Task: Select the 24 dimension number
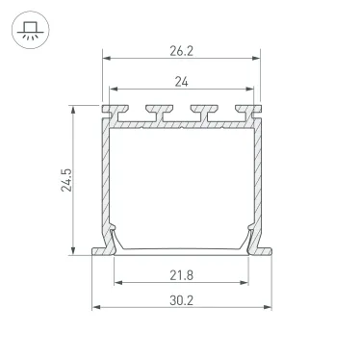(180, 82)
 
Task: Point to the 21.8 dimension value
(180, 275)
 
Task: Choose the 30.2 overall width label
(180, 300)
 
